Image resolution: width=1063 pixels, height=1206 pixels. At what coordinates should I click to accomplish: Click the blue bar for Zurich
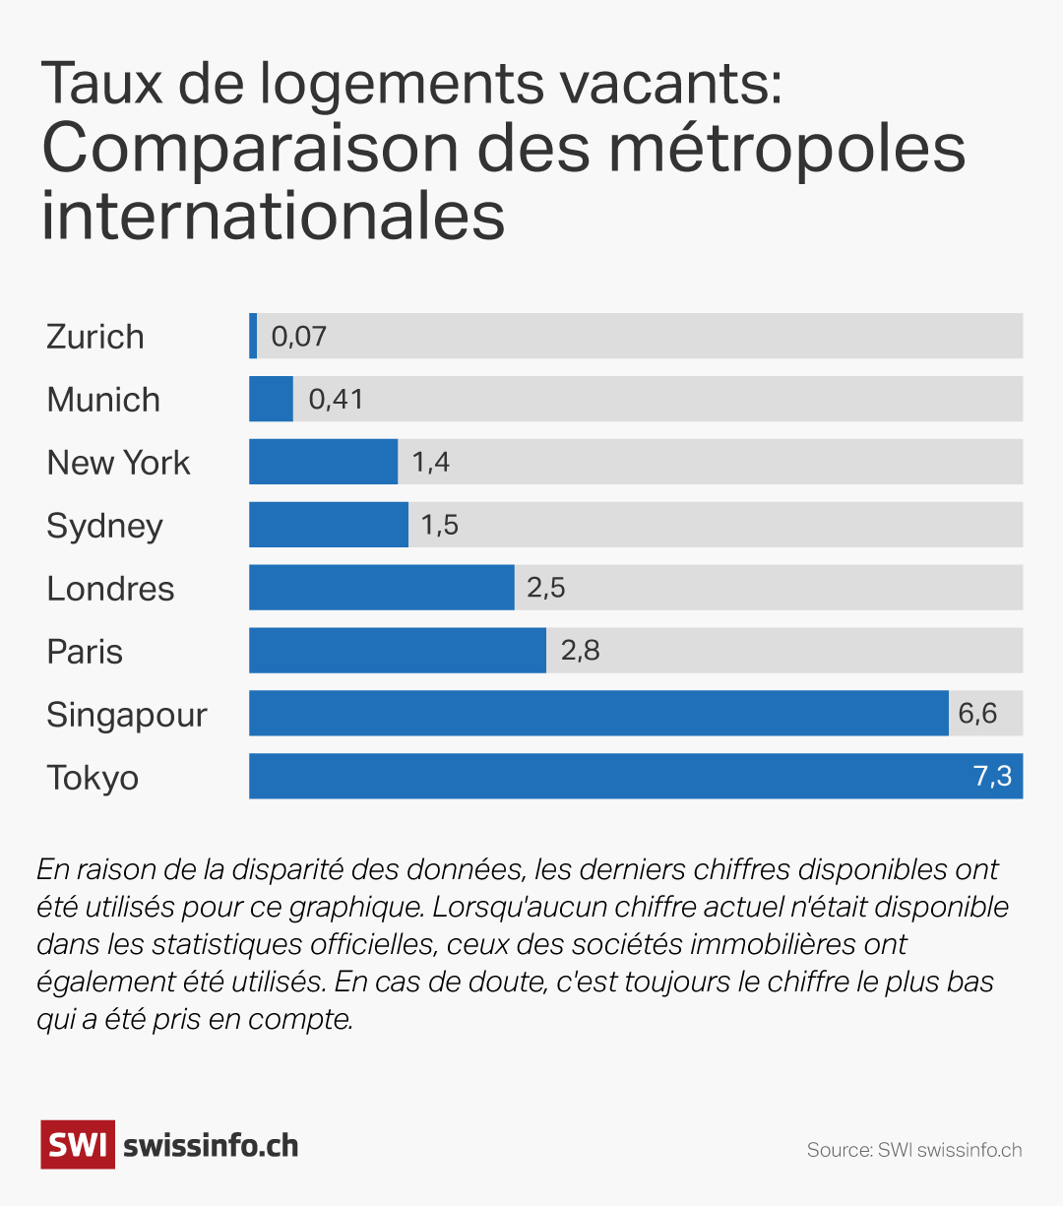253,336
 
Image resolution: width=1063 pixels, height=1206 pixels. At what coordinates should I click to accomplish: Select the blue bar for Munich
271,399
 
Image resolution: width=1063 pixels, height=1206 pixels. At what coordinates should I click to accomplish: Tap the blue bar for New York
323,462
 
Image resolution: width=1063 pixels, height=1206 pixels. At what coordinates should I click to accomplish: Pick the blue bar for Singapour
598,713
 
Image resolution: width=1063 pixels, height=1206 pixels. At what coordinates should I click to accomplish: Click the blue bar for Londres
381,588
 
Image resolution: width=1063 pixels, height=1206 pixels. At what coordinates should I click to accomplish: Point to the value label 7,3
992,776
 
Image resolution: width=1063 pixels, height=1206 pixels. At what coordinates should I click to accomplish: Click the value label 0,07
298,337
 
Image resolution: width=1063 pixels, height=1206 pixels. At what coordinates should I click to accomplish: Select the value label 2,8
580,651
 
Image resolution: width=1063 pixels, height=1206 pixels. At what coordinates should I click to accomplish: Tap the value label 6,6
977,713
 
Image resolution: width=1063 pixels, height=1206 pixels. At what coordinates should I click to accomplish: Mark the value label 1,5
439,525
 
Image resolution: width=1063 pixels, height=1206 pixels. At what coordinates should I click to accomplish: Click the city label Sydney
104,527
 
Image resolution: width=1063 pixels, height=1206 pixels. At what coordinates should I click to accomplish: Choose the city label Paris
85,652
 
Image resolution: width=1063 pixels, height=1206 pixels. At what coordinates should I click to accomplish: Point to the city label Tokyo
93,778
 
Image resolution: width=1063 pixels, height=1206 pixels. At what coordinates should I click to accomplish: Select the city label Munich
103,400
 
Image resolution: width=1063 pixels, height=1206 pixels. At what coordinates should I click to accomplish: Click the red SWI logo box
77,1145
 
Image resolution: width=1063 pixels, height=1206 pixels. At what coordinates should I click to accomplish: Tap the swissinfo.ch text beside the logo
211,1146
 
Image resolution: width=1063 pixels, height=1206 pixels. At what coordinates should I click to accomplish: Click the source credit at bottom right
913,1150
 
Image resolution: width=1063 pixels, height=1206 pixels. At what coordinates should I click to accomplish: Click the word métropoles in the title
786,149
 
